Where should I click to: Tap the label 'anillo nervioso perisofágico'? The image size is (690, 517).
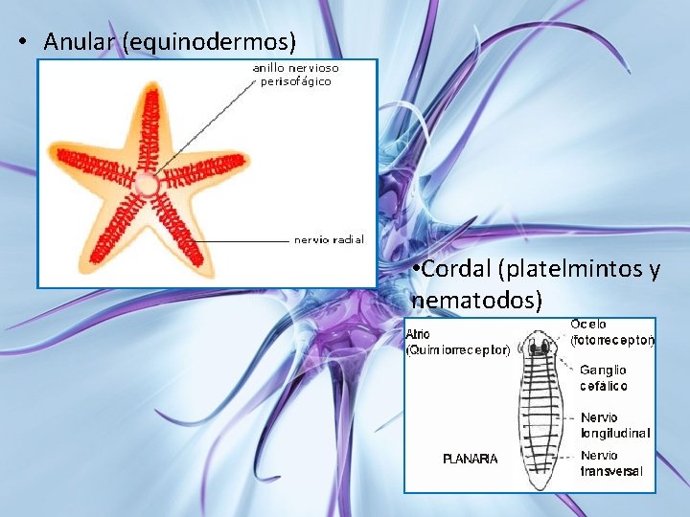pos(295,75)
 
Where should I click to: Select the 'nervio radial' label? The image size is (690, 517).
pos(329,239)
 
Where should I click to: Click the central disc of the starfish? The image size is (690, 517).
pos(146,184)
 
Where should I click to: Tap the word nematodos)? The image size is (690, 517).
pos(476,301)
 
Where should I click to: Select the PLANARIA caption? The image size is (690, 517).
pos(470,460)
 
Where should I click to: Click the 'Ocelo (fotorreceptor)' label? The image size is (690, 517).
pos(612,332)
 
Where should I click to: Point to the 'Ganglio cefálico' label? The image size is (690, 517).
pos(604,377)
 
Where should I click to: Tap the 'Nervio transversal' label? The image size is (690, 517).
pos(611,463)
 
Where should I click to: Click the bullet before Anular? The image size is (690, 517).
pos(20,43)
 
